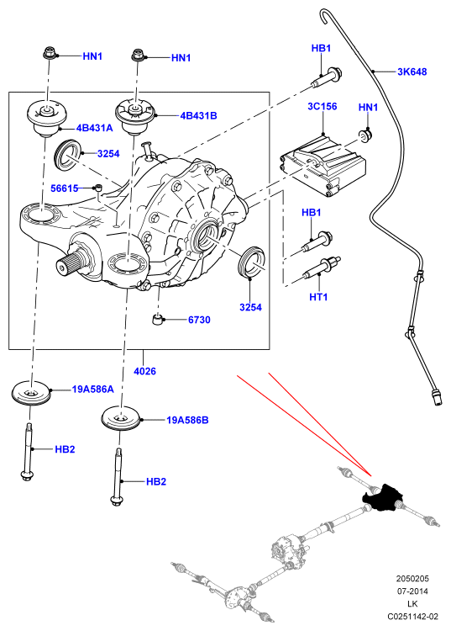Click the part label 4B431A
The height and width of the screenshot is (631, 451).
pos(94,128)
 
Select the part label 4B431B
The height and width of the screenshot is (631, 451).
pos(198,115)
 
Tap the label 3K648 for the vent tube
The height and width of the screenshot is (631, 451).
pos(412,72)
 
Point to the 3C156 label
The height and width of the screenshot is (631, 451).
pos(323,106)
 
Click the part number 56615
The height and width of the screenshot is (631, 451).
pos(65,188)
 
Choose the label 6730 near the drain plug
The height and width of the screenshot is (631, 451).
pos(199,320)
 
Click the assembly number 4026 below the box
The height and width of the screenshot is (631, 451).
pos(144,371)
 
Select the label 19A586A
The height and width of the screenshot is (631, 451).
pos(92,390)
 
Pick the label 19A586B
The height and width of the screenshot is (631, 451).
pos(187,420)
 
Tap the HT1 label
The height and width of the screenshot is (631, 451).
pos(318,297)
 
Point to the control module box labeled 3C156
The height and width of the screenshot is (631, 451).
pos(323,166)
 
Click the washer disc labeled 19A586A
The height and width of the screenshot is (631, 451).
pos(30,393)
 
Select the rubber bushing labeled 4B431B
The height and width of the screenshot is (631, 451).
pos(135,117)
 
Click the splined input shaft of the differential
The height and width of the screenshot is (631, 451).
pos(71,263)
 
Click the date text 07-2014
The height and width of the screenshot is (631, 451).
pos(412,591)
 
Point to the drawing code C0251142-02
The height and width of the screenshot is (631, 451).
pos(412,616)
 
